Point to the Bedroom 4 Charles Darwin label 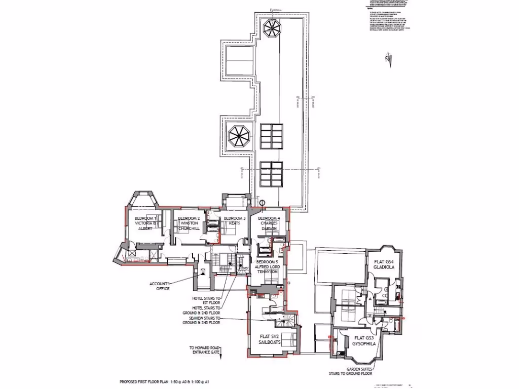(269, 223)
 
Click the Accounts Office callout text (159, 286)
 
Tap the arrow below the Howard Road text (221, 357)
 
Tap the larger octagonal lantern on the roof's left (237, 136)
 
